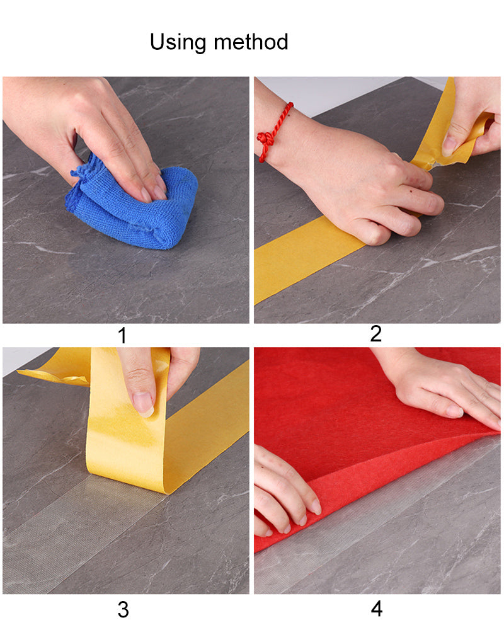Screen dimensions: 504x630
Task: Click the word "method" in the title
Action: [251, 42]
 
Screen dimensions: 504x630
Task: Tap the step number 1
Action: [123, 336]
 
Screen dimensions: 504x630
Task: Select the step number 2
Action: [375, 334]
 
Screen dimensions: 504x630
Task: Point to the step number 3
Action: [123, 610]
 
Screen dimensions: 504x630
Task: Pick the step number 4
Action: [377, 609]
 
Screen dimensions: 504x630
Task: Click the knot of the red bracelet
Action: [265, 139]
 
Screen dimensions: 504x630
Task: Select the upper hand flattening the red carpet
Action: [442, 390]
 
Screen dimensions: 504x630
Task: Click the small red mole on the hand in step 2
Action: [411, 192]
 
